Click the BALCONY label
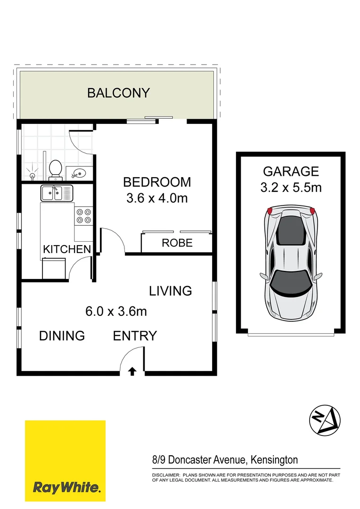pos(118,93)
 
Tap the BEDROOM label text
pos(157,182)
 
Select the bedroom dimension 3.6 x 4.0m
pos(157,198)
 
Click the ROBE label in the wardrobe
pos(177,243)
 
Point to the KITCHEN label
pos(67,249)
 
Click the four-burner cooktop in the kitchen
pos(83,216)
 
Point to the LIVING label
pos(171,291)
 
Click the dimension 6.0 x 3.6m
pos(116,312)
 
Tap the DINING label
pos(62,336)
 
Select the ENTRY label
pos(135,336)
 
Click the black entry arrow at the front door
pos(132,371)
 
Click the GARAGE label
pos(291,171)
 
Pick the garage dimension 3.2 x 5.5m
pos(291,188)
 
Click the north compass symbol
pos(325,419)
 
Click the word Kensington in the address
pos(274,460)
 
